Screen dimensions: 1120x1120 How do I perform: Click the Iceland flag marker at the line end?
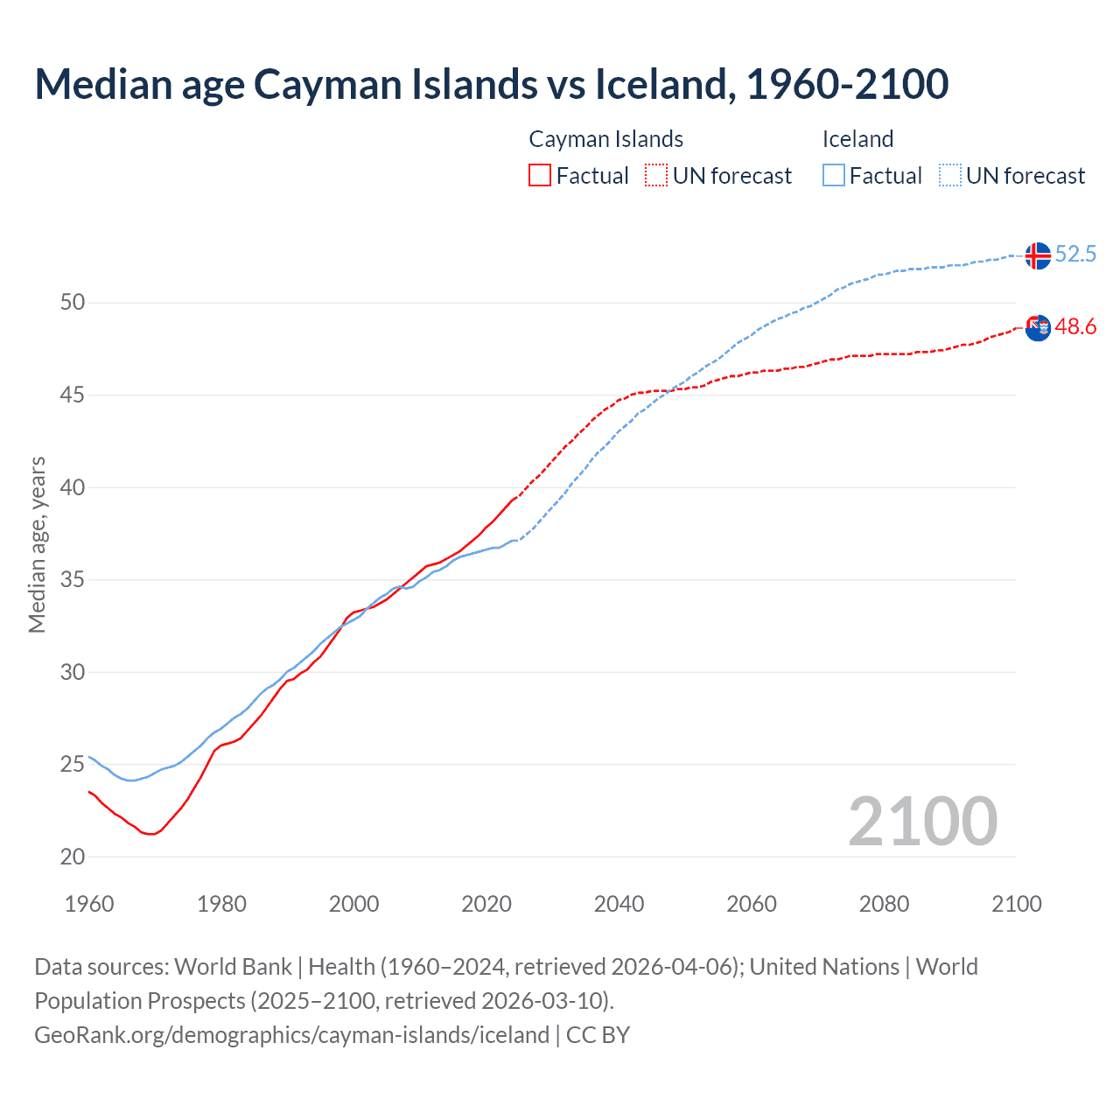click(1037, 255)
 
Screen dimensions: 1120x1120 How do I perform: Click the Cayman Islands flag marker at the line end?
click(1037, 328)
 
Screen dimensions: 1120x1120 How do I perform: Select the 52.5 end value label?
click(1075, 255)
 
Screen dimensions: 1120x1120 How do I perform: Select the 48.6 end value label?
click(1075, 327)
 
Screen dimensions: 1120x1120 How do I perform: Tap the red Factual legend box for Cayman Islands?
click(540, 175)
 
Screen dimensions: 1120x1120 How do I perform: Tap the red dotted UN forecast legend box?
click(656, 175)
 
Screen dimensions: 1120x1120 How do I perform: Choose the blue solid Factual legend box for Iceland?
click(834, 175)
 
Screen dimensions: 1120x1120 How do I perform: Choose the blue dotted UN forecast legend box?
click(950, 175)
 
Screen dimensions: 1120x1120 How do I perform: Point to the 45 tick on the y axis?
click(73, 395)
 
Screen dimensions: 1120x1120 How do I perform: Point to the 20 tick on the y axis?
click(73, 857)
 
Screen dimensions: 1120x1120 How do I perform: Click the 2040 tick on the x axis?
click(619, 904)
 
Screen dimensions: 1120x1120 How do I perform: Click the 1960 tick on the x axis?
click(89, 904)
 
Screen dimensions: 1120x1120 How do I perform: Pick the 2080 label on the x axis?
click(884, 904)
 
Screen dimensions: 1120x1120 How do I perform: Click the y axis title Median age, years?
click(37, 544)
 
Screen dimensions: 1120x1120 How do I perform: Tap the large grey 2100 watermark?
click(922, 821)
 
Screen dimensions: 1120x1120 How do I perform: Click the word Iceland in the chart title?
click(661, 85)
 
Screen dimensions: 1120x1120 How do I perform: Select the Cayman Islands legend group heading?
click(605, 139)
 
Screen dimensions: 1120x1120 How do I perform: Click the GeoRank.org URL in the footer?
click(291, 1035)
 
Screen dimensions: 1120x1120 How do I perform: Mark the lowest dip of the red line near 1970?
click(150, 834)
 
